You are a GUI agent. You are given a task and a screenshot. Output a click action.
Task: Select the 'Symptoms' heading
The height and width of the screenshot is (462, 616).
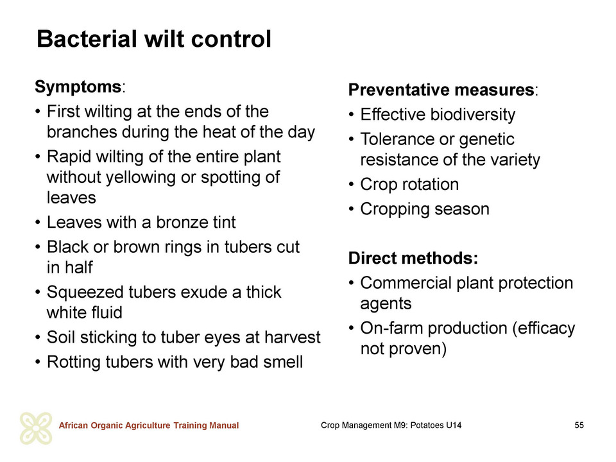(78, 87)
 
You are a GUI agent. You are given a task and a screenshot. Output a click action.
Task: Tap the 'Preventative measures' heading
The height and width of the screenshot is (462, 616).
(441, 90)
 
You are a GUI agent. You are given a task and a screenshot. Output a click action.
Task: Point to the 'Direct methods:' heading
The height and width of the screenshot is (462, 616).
(413, 258)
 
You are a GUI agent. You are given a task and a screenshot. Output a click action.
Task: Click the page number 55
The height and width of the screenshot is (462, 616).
(579, 425)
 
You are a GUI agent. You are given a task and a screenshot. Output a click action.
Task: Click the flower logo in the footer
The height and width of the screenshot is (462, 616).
(36, 428)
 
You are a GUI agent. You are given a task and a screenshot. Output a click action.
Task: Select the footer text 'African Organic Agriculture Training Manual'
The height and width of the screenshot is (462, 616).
(148, 425)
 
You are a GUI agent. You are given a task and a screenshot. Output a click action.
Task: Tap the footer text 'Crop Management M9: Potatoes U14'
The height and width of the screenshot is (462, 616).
(391, 425)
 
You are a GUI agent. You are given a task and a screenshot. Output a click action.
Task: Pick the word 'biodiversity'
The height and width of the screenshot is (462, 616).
(473, 115)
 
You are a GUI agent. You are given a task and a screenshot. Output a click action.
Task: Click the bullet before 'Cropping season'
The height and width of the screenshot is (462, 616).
(352, 209)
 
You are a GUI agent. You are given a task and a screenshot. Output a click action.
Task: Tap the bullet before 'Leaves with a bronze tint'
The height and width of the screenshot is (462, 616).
(38, 223)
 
